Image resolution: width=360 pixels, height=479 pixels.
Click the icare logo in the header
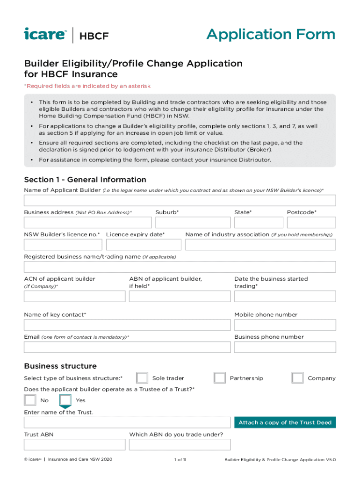pos(45,35)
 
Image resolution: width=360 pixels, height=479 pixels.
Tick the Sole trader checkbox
pos(142,378)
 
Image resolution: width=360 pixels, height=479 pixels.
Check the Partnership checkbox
pos(219,378)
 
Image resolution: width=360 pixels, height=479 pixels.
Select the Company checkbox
pos(297,378)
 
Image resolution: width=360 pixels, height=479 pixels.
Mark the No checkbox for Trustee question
pos(30,400)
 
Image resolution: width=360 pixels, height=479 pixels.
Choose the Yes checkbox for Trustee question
pos(65,400)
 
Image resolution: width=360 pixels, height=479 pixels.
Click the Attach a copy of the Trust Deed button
pos(285,422)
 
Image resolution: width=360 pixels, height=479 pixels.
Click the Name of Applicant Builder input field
pos(180,200)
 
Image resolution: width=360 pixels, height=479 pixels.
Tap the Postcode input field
pos(311,222)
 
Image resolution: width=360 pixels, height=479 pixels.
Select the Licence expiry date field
pos(144,245)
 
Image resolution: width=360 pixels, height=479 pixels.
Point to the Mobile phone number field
pos(285,325)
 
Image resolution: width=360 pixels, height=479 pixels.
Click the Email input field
pos(127,347)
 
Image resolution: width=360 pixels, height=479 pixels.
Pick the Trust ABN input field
pos(74,444)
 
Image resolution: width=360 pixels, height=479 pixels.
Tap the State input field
pos(258,222)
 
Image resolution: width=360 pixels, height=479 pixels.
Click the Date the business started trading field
pos(285,296)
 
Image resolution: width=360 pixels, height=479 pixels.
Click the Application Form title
pos(271,35)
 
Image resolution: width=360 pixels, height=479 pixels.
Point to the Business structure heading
pos(60,366)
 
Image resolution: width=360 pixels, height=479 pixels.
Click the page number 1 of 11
pos(180,460)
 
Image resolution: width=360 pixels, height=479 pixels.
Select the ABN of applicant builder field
pos(180,296)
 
